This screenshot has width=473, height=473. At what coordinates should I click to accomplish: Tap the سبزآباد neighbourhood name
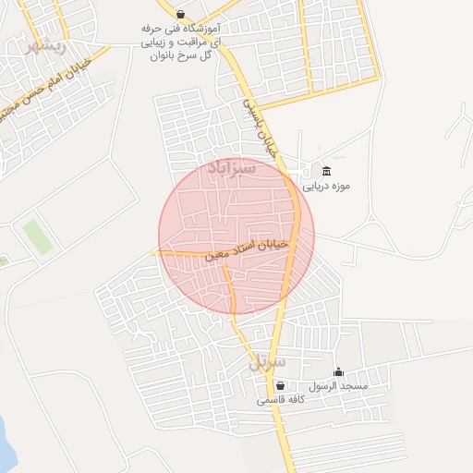[231, 169]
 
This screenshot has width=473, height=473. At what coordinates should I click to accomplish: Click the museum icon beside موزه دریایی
[325, 171]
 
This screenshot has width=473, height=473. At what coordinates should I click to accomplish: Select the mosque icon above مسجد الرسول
[338, 371]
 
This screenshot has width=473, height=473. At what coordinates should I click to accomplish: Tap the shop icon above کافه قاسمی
[280, 386]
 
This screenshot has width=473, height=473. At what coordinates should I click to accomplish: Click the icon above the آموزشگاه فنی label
[179, 14]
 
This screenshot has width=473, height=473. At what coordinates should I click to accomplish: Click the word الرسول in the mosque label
[325, 386]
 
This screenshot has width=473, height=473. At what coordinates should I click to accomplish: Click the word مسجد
[356, 386]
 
